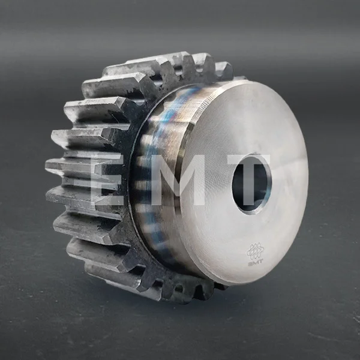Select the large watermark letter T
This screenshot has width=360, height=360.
click(249, 179)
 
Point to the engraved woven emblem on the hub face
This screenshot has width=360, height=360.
click(255, 251)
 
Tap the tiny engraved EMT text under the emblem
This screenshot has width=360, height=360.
click(256, 263)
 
